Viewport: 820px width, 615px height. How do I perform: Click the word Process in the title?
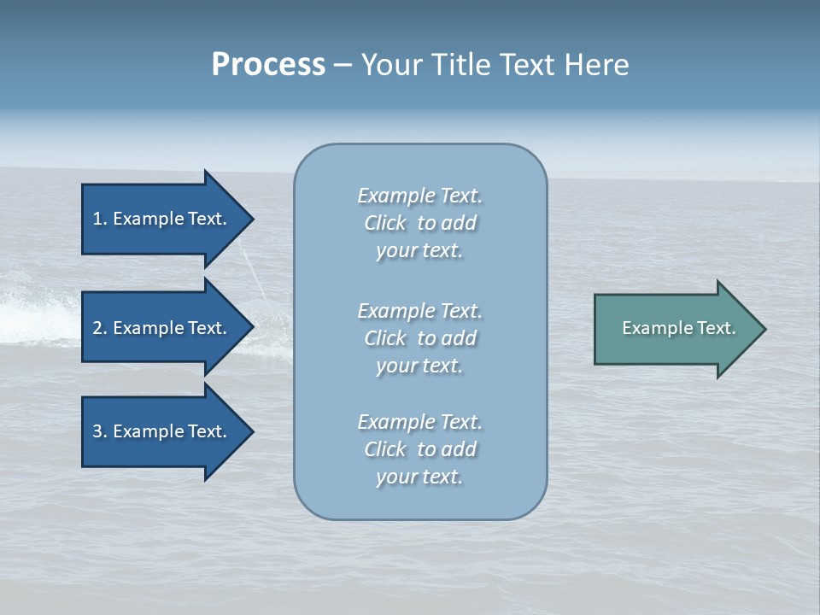[268, 65]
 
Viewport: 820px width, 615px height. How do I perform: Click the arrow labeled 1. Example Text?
[162, 219]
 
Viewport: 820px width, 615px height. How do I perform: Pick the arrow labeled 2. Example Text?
[162, 328]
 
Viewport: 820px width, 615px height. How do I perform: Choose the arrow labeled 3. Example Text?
[162, 431]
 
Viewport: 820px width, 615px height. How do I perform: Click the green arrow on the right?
[675, 329]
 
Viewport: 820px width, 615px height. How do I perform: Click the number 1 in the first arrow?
[97, 219]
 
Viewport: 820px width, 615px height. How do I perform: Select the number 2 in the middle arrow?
[97, 328]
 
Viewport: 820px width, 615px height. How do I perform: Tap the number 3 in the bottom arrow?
[97, 431]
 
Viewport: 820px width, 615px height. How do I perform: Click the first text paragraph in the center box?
[419, 223]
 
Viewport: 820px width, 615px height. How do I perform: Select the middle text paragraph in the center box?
[419, 338]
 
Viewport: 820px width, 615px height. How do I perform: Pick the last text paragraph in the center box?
[419, 449]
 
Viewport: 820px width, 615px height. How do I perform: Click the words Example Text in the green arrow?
[678, 328]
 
